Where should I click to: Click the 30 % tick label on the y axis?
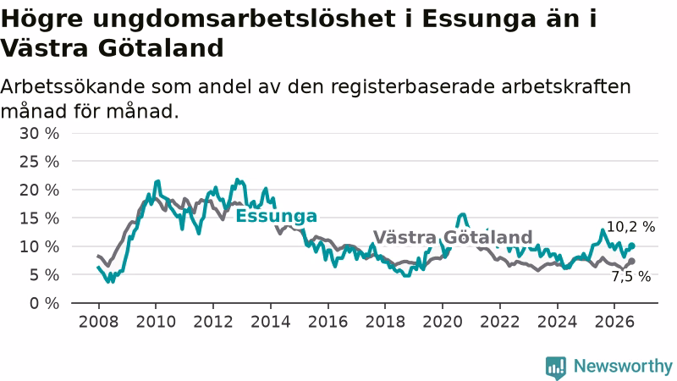tap(39, 134)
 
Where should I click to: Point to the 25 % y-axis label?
tap(39, 162)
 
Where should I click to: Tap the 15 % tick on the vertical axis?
tap(39, 218)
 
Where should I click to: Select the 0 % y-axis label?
tap(45, 303)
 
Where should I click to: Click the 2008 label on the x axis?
tap(98, 322)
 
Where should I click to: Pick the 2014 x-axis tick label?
tap(271, 322)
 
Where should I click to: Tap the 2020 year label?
tap(443, 322)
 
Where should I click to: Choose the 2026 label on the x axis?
tap(614, 322)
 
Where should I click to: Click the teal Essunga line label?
tap(277, 216)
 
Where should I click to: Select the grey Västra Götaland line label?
tap(453, 237)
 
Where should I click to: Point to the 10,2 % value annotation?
tap(630, 227)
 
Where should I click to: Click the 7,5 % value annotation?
tap(630, 277)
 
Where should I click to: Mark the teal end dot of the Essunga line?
tap(631, 246)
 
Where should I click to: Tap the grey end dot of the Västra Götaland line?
tap(631, 261)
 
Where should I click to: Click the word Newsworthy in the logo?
tap(623, 366)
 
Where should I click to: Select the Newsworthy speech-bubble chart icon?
tap(556, 367)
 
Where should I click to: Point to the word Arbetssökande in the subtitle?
tap(73, 87)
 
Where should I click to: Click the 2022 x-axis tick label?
tap(500, 322)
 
